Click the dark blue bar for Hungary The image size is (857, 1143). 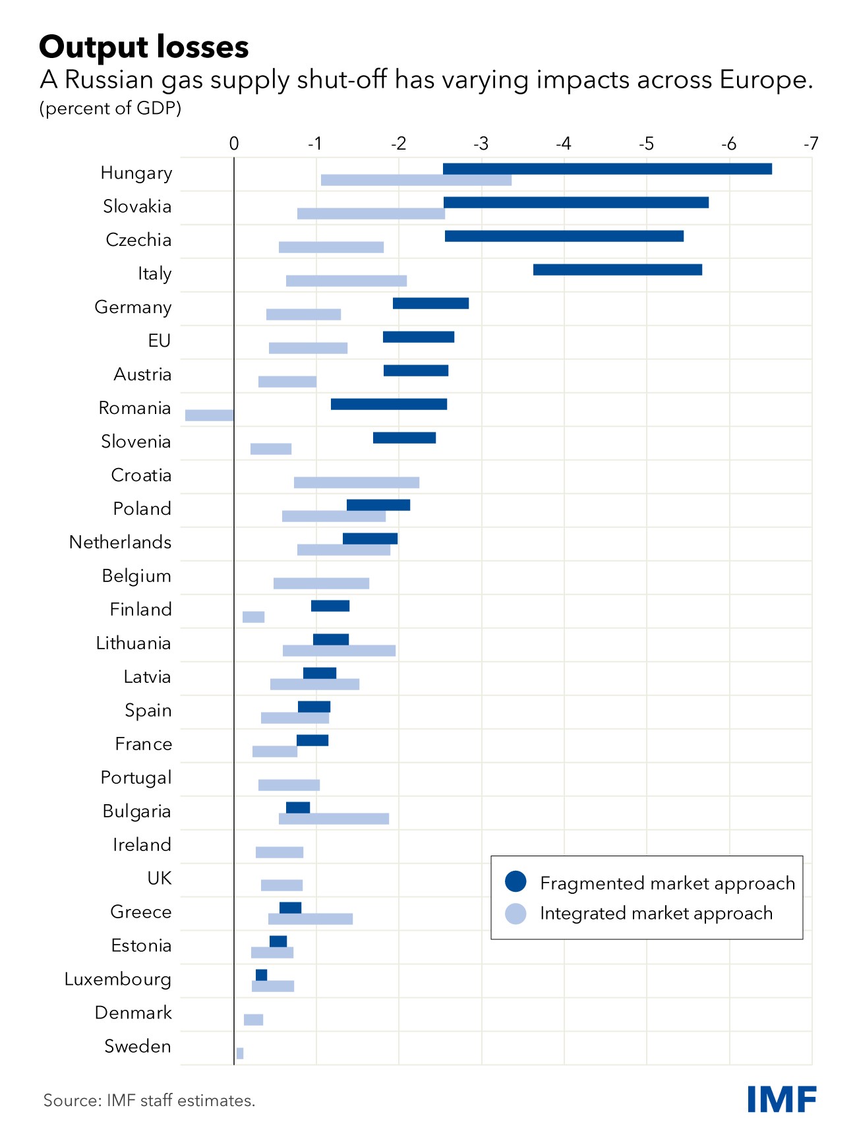tap(607, 169)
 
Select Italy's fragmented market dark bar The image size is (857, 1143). tap(617, 270)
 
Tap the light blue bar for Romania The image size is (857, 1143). tap(210, 415)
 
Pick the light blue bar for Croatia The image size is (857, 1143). tap(356, 483)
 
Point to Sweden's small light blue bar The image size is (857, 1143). tap(240, 1053)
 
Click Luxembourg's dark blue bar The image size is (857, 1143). tap(261, 975)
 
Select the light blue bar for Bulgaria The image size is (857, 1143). tap(334, 819)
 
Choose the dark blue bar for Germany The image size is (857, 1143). tap(430, 303)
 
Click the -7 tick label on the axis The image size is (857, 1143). tap(811, 144)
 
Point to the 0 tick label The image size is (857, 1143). tap(234, 144)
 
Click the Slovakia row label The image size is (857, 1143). tap(137, 206)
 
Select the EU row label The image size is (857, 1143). tap(160, 341)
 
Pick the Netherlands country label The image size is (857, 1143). tap(120, 542)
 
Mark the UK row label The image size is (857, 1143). tap(160, 878)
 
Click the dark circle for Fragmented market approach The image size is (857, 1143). tap(516, 882)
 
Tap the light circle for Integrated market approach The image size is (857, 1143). tap(516, 913)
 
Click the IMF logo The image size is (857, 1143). tap(782, 1099)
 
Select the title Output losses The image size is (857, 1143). tap(144, 47)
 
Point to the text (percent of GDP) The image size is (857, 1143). tap(110, 108)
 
